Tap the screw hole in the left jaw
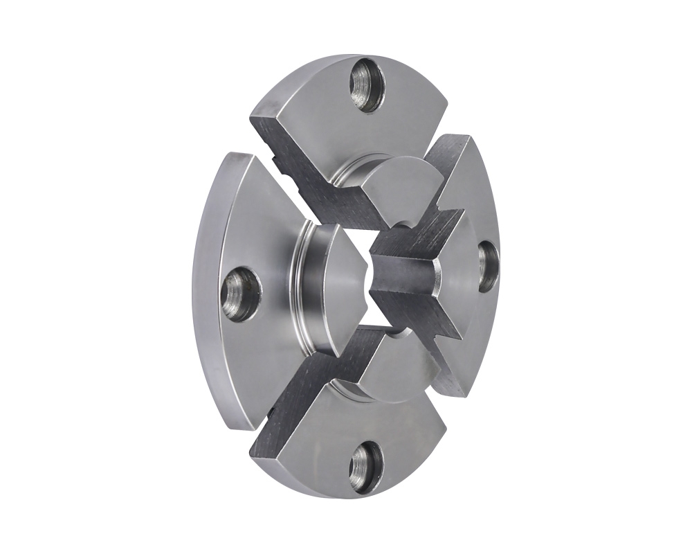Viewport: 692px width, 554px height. (239, 295)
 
